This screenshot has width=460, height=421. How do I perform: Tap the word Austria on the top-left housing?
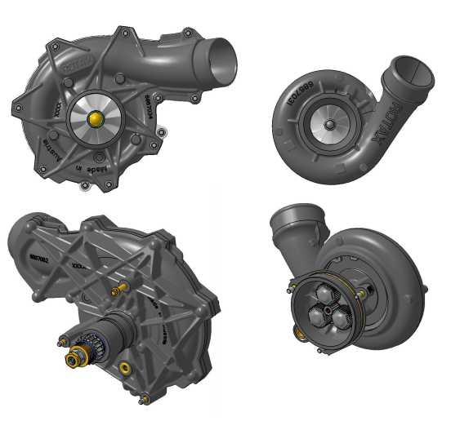pyautogui.click(x=50, y=148)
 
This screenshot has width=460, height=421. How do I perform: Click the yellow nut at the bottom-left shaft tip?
pyautogui.click(x=81, y=356)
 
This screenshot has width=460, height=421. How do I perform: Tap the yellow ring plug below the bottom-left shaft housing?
pyautogui.click(x=124, y=369)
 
